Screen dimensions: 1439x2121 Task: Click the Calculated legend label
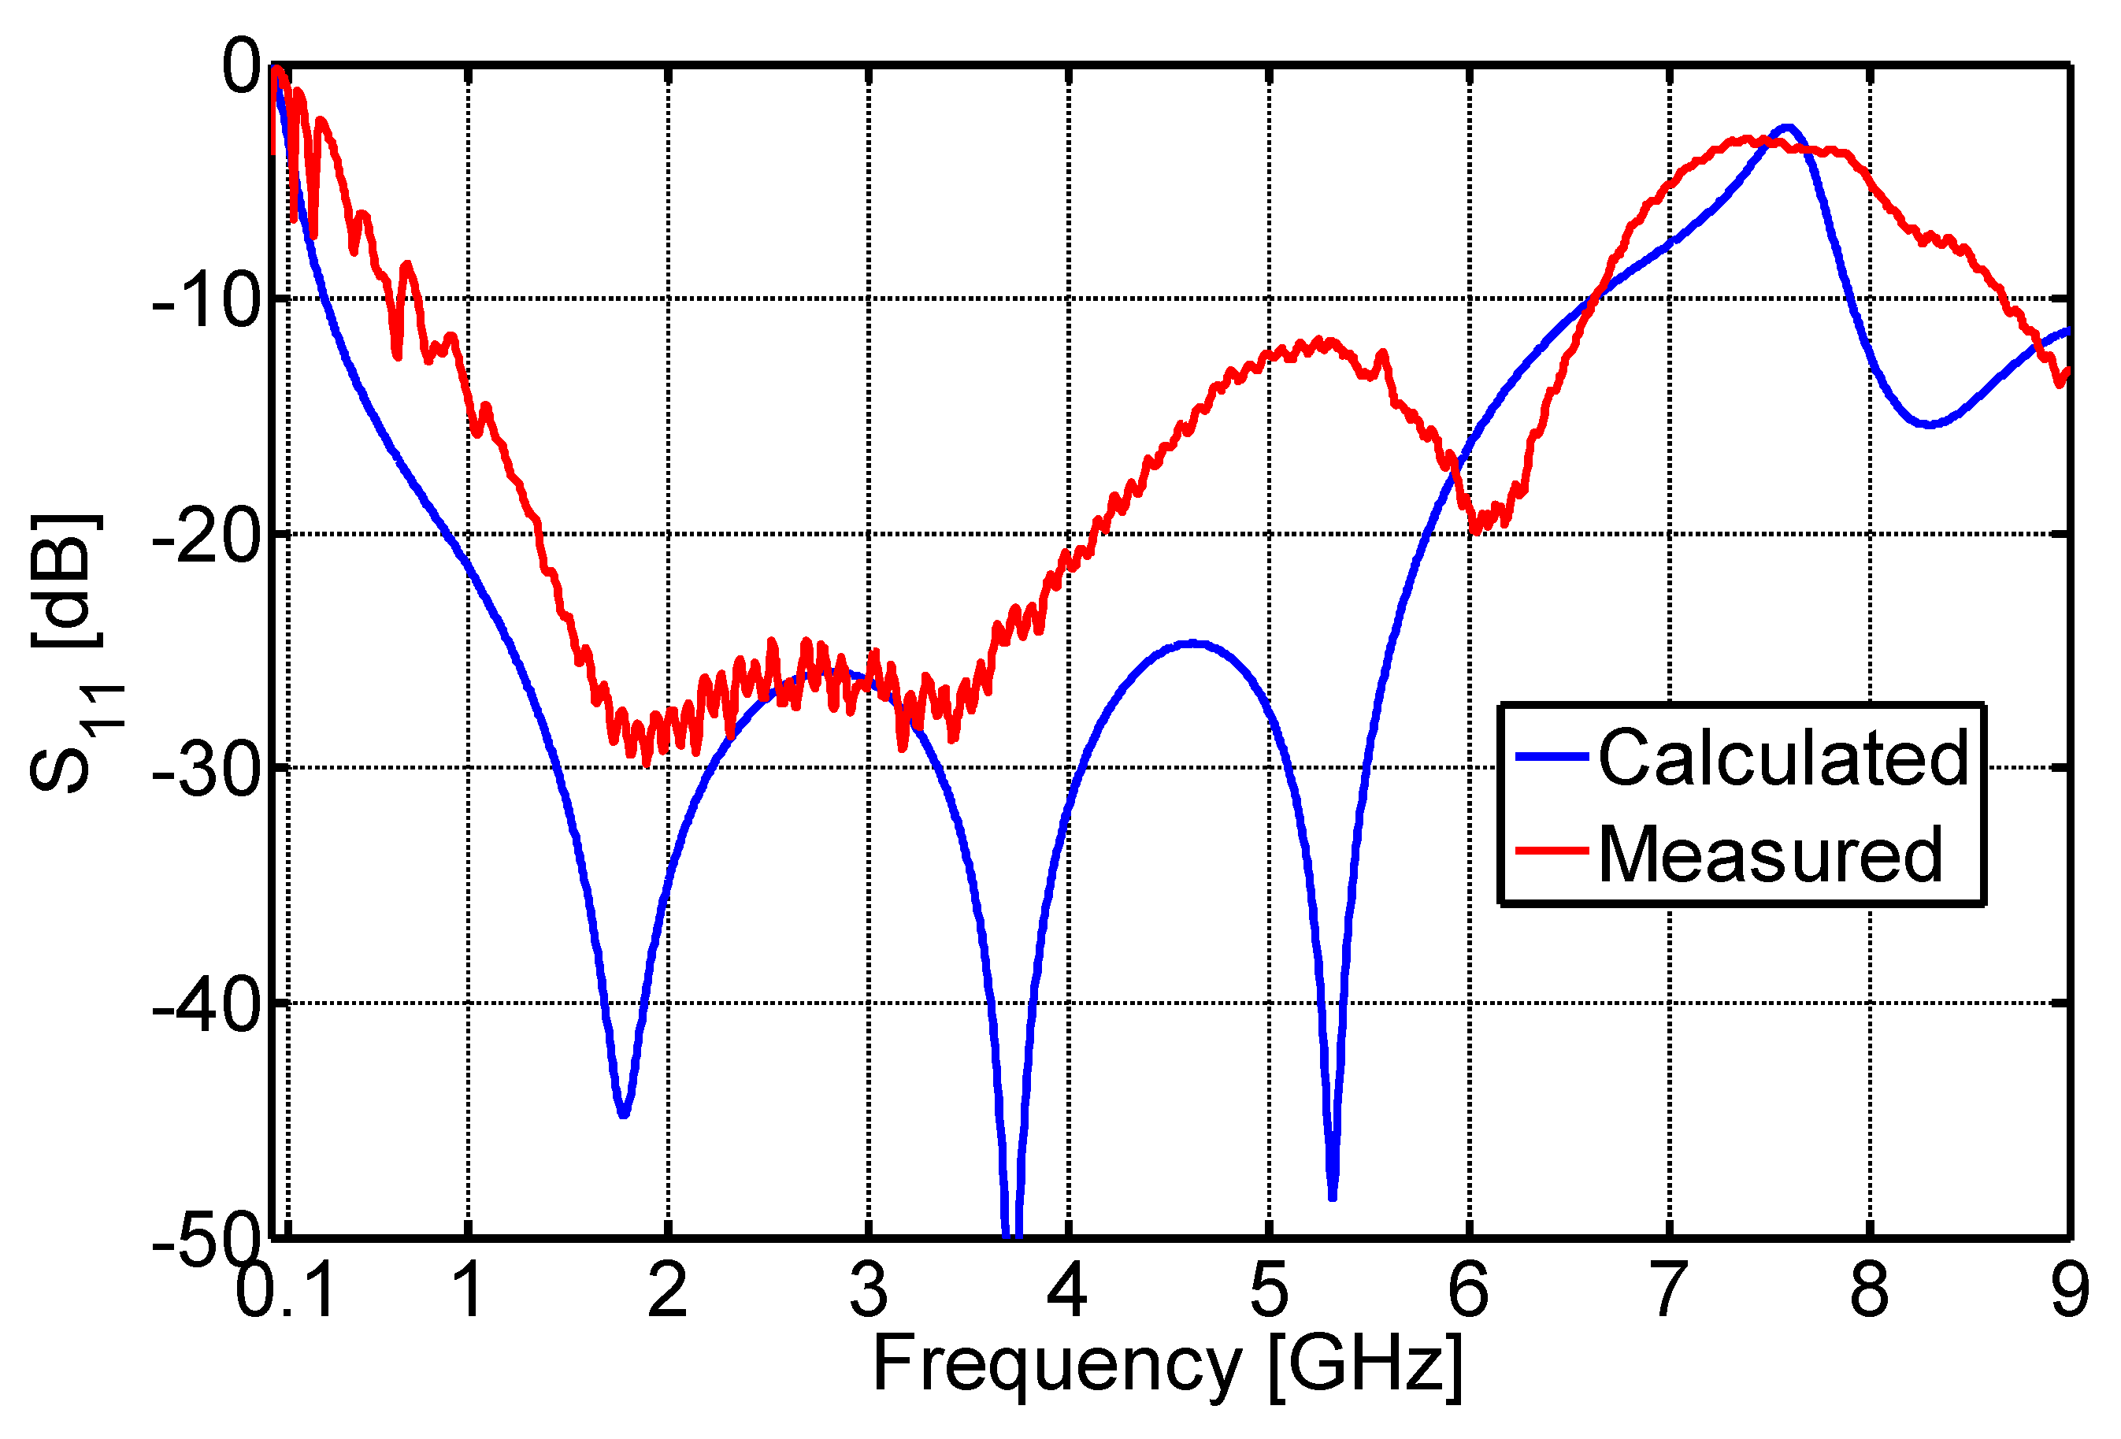pyautogui.click(x=1783, y=758)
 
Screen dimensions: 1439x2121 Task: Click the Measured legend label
pyautogui.click(x=1771, y=855)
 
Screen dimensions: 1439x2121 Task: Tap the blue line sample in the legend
pyautogui.click(x=1552, y=755)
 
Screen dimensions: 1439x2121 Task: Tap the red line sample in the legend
pyautogui.click(x=1552, y=851)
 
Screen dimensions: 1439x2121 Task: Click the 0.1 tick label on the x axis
pyautogui.click(x=286, y=1292)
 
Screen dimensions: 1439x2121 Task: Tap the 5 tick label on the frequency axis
pyautogui.click(x=1269, y=1292)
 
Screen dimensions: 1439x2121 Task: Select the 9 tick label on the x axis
pyautogui.click(x=2070, y=1292)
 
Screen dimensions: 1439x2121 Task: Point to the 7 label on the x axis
pyautogui.click(x=1668, y=1292)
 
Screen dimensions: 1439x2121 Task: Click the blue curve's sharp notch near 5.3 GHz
pyautogui.click(x=1333, y=1196)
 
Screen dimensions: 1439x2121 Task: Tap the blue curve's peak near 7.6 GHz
pyautogui.click(x=1788, y=128)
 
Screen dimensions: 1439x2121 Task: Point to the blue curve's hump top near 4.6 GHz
pyautogui.click(x=1193, y=643)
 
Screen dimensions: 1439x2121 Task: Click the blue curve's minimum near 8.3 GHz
pyautogui.click(x=1928, y=425)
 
